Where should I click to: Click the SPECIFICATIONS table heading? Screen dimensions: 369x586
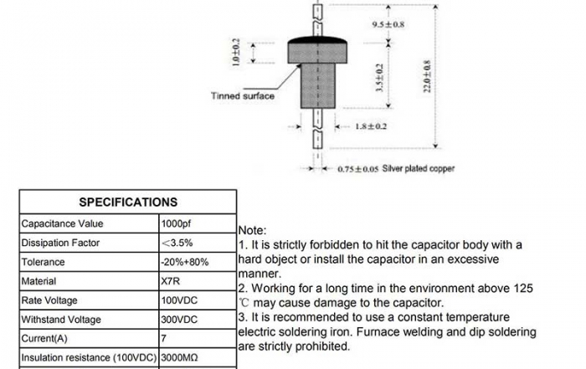pos(128,202)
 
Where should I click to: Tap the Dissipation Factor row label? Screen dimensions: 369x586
pos(60,243)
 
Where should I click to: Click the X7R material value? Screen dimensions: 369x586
pos(169,281)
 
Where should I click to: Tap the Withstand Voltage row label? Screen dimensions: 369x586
pos(60,320)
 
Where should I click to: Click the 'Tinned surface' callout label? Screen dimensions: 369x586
pos(242,96)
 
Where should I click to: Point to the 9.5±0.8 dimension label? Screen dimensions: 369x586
pos(388,25)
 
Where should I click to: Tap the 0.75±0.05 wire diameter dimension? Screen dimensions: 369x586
pos(358,169)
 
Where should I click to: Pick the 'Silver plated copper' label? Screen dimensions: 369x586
pos(419,168)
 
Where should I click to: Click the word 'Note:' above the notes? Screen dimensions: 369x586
pos(253,230)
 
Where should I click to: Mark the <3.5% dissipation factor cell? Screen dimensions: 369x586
pos(177,243)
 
